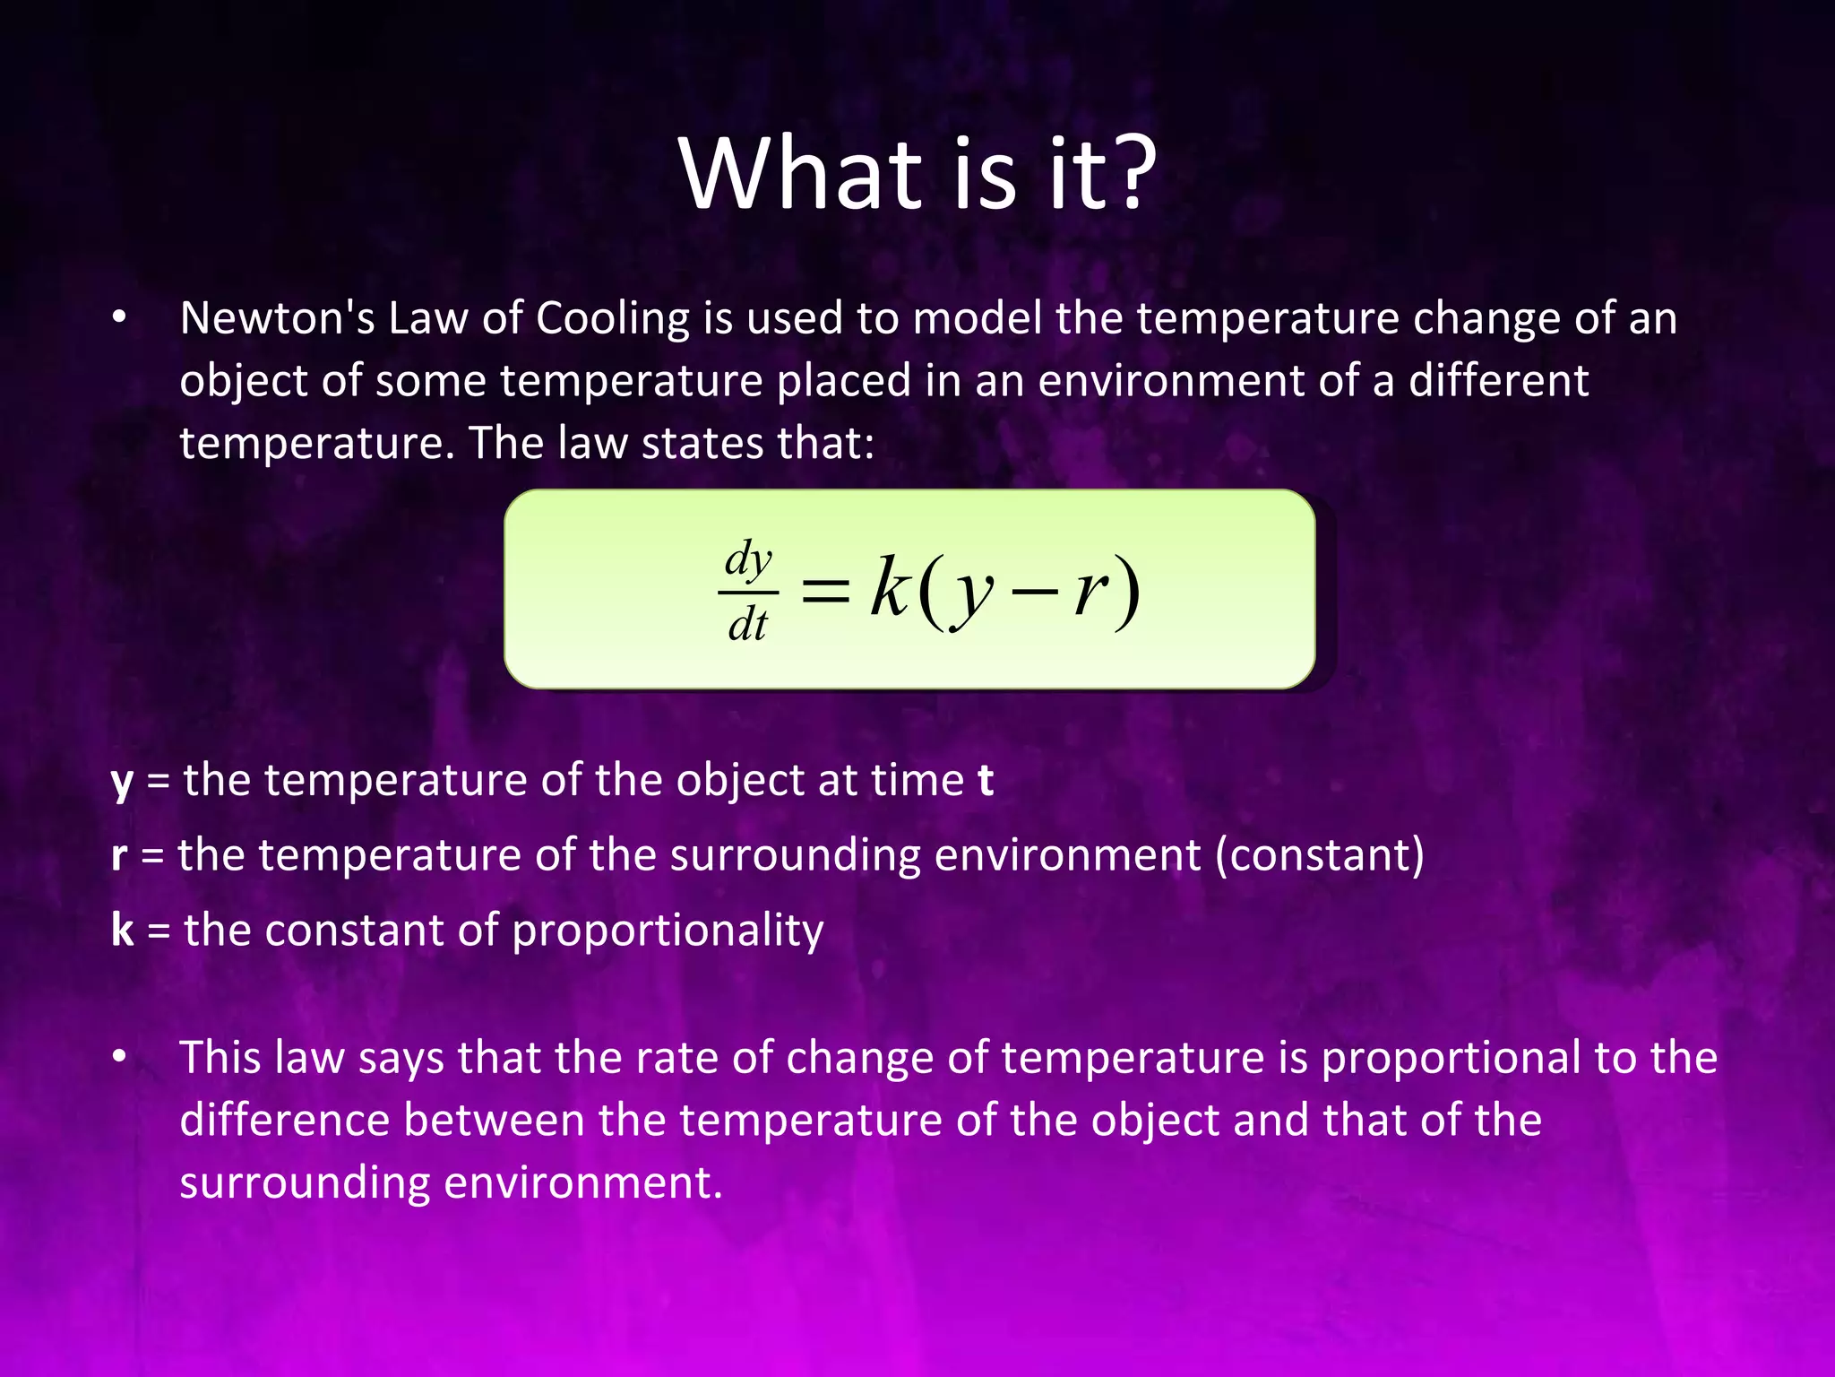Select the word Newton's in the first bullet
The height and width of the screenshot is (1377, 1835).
pyautogui.click(x=277, y=318)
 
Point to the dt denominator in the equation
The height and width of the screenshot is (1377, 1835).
pyautogui.click(x=748, y=624)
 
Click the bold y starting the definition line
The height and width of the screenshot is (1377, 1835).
pyautogui.click(x=122, y=782)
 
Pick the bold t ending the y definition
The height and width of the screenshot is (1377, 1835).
pyautogui.click(x=986, y=780)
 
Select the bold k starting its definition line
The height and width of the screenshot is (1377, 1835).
pyautogui.click(x=123, y=930)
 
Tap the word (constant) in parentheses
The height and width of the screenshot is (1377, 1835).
pyautogui.click(x=1319, y=855)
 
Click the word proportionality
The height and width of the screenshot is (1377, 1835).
pyautogui.click(x=668, y=931)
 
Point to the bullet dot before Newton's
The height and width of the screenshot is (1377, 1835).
pyautogui.click(x=119, y=318)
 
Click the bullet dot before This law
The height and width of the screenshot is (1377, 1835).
pyautogui.click(x=119, y=1058)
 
